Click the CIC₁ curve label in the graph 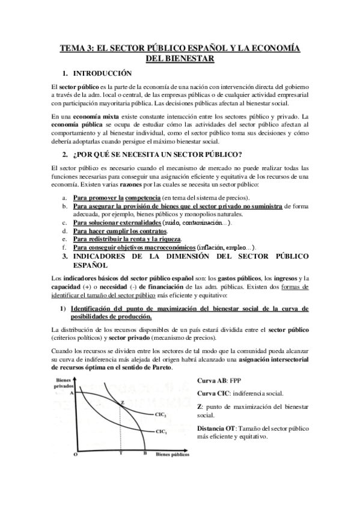(162, 431)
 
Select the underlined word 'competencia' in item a (143, 198)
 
